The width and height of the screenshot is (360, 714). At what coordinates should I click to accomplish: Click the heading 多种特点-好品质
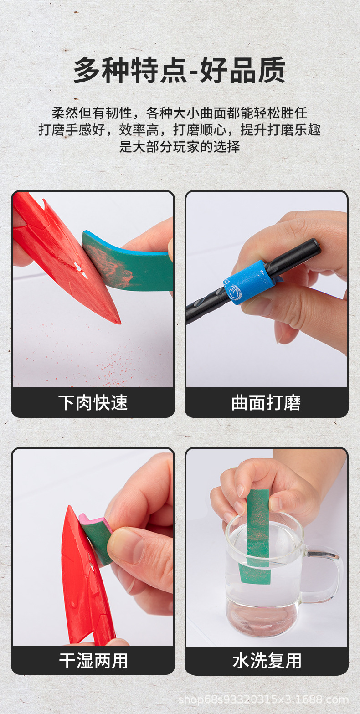point(180,70)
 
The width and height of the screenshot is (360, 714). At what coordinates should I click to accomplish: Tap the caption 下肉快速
point(93,403)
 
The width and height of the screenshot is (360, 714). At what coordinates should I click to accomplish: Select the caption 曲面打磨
point(266,403)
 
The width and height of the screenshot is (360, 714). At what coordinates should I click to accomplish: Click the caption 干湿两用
point(93,660)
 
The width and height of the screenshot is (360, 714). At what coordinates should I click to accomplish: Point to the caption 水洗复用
point(266,660)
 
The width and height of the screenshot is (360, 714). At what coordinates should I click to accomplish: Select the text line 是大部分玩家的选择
point(180,147)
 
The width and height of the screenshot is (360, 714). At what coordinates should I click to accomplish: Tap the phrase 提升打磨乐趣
point(281,130)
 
